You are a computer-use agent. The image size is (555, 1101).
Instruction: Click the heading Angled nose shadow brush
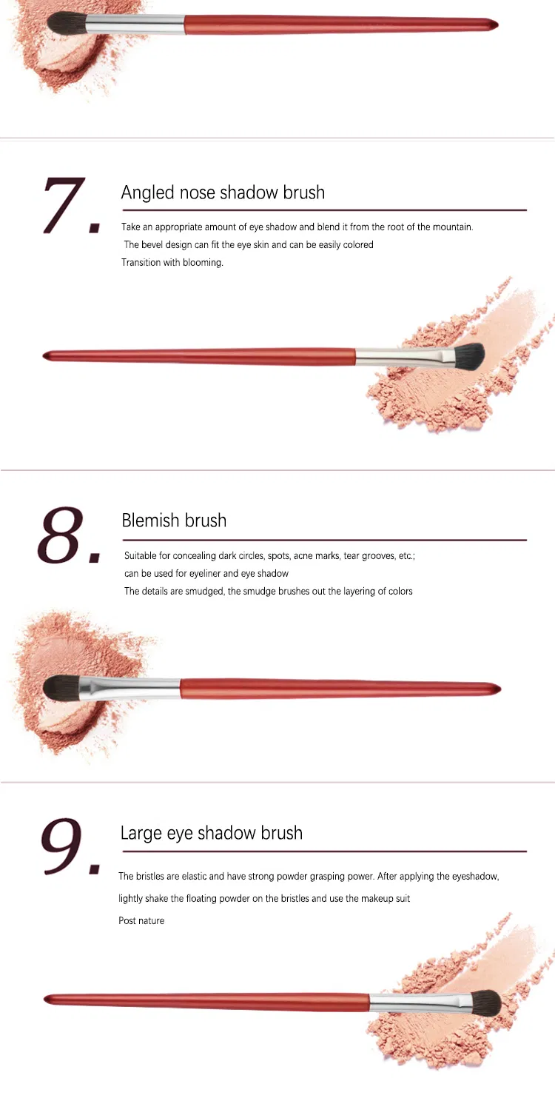coord(223,193)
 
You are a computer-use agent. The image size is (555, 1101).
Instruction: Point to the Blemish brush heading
coord(174,521)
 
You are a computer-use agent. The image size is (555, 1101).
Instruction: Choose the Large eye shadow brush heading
coord(211,833)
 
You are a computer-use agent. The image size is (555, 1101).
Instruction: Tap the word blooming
coord(203,263)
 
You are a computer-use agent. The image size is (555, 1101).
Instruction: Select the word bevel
coord(154,245)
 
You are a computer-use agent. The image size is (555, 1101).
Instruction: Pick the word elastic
coord(188,877)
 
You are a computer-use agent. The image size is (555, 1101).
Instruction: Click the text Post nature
coord(141,921)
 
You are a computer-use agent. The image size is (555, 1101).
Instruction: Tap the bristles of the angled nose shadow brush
coord(467,355)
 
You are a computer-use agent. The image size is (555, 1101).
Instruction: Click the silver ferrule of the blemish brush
coord(130,688)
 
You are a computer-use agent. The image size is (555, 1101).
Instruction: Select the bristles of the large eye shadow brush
coord(484,1003)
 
